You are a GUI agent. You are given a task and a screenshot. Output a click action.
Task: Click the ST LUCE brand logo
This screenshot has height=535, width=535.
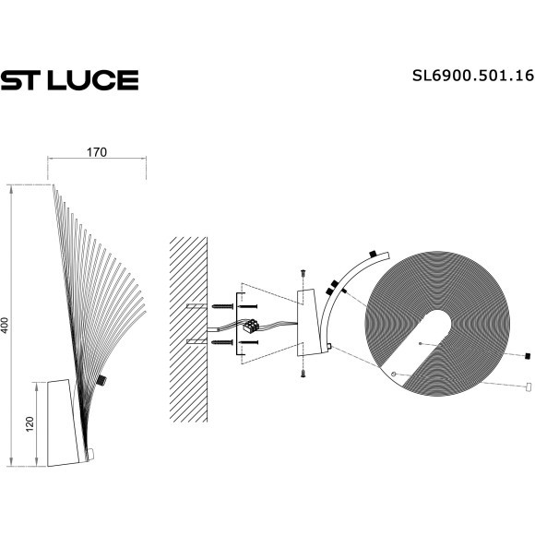69,80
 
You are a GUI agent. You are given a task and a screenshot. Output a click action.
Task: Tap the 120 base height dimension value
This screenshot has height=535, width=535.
29,424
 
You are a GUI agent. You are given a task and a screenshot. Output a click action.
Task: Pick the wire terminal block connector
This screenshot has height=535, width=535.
250,326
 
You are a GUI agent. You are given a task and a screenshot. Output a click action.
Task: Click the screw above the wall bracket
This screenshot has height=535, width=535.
302,274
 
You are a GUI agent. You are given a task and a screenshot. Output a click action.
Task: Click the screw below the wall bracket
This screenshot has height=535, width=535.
302,374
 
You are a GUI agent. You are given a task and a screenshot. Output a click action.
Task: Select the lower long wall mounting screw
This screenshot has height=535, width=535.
225,343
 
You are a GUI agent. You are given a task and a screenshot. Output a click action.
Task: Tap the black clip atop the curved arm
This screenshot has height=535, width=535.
372,253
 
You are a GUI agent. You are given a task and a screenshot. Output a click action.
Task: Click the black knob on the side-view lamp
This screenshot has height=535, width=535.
101,379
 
